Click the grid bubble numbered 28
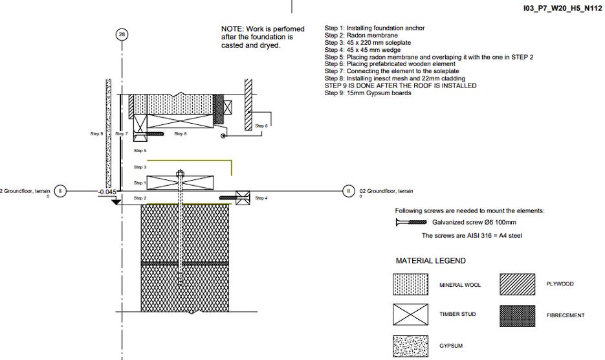tap(122, 34)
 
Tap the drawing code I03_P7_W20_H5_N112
tap(562, 8)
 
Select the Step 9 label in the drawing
tap(96, 133)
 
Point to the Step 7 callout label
tap(122, 133)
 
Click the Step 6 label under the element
tap(181, 134)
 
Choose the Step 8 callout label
tap(261, 126)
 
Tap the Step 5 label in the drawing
tap(140, 150)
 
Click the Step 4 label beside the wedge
tap(261, 198)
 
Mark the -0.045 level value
tap(107, 192)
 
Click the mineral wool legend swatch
tap(411, 285)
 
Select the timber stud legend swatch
tap(411, 315)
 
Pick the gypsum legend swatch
tap(411, 345)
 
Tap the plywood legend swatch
tap(518, 284)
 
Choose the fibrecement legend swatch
tap(518, 315)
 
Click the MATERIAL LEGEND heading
tap(430, 261)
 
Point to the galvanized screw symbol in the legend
tap(410, 222)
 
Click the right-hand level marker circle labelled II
tap(348, 191)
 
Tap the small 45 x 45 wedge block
tap(243, 198)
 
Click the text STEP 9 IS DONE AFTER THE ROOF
tap(401, 85)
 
